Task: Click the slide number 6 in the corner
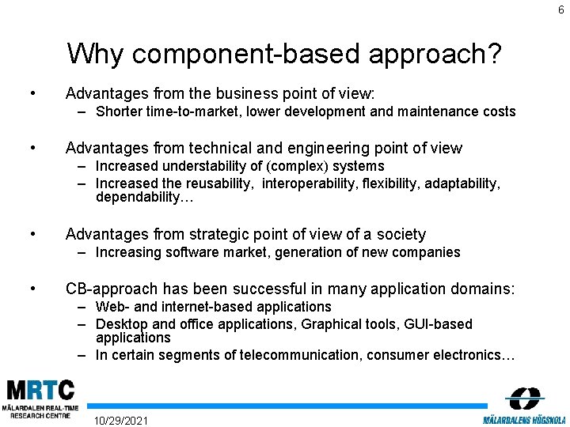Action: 560,9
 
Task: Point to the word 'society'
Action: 399,234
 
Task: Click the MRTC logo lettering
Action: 41,390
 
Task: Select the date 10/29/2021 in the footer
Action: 120,419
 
